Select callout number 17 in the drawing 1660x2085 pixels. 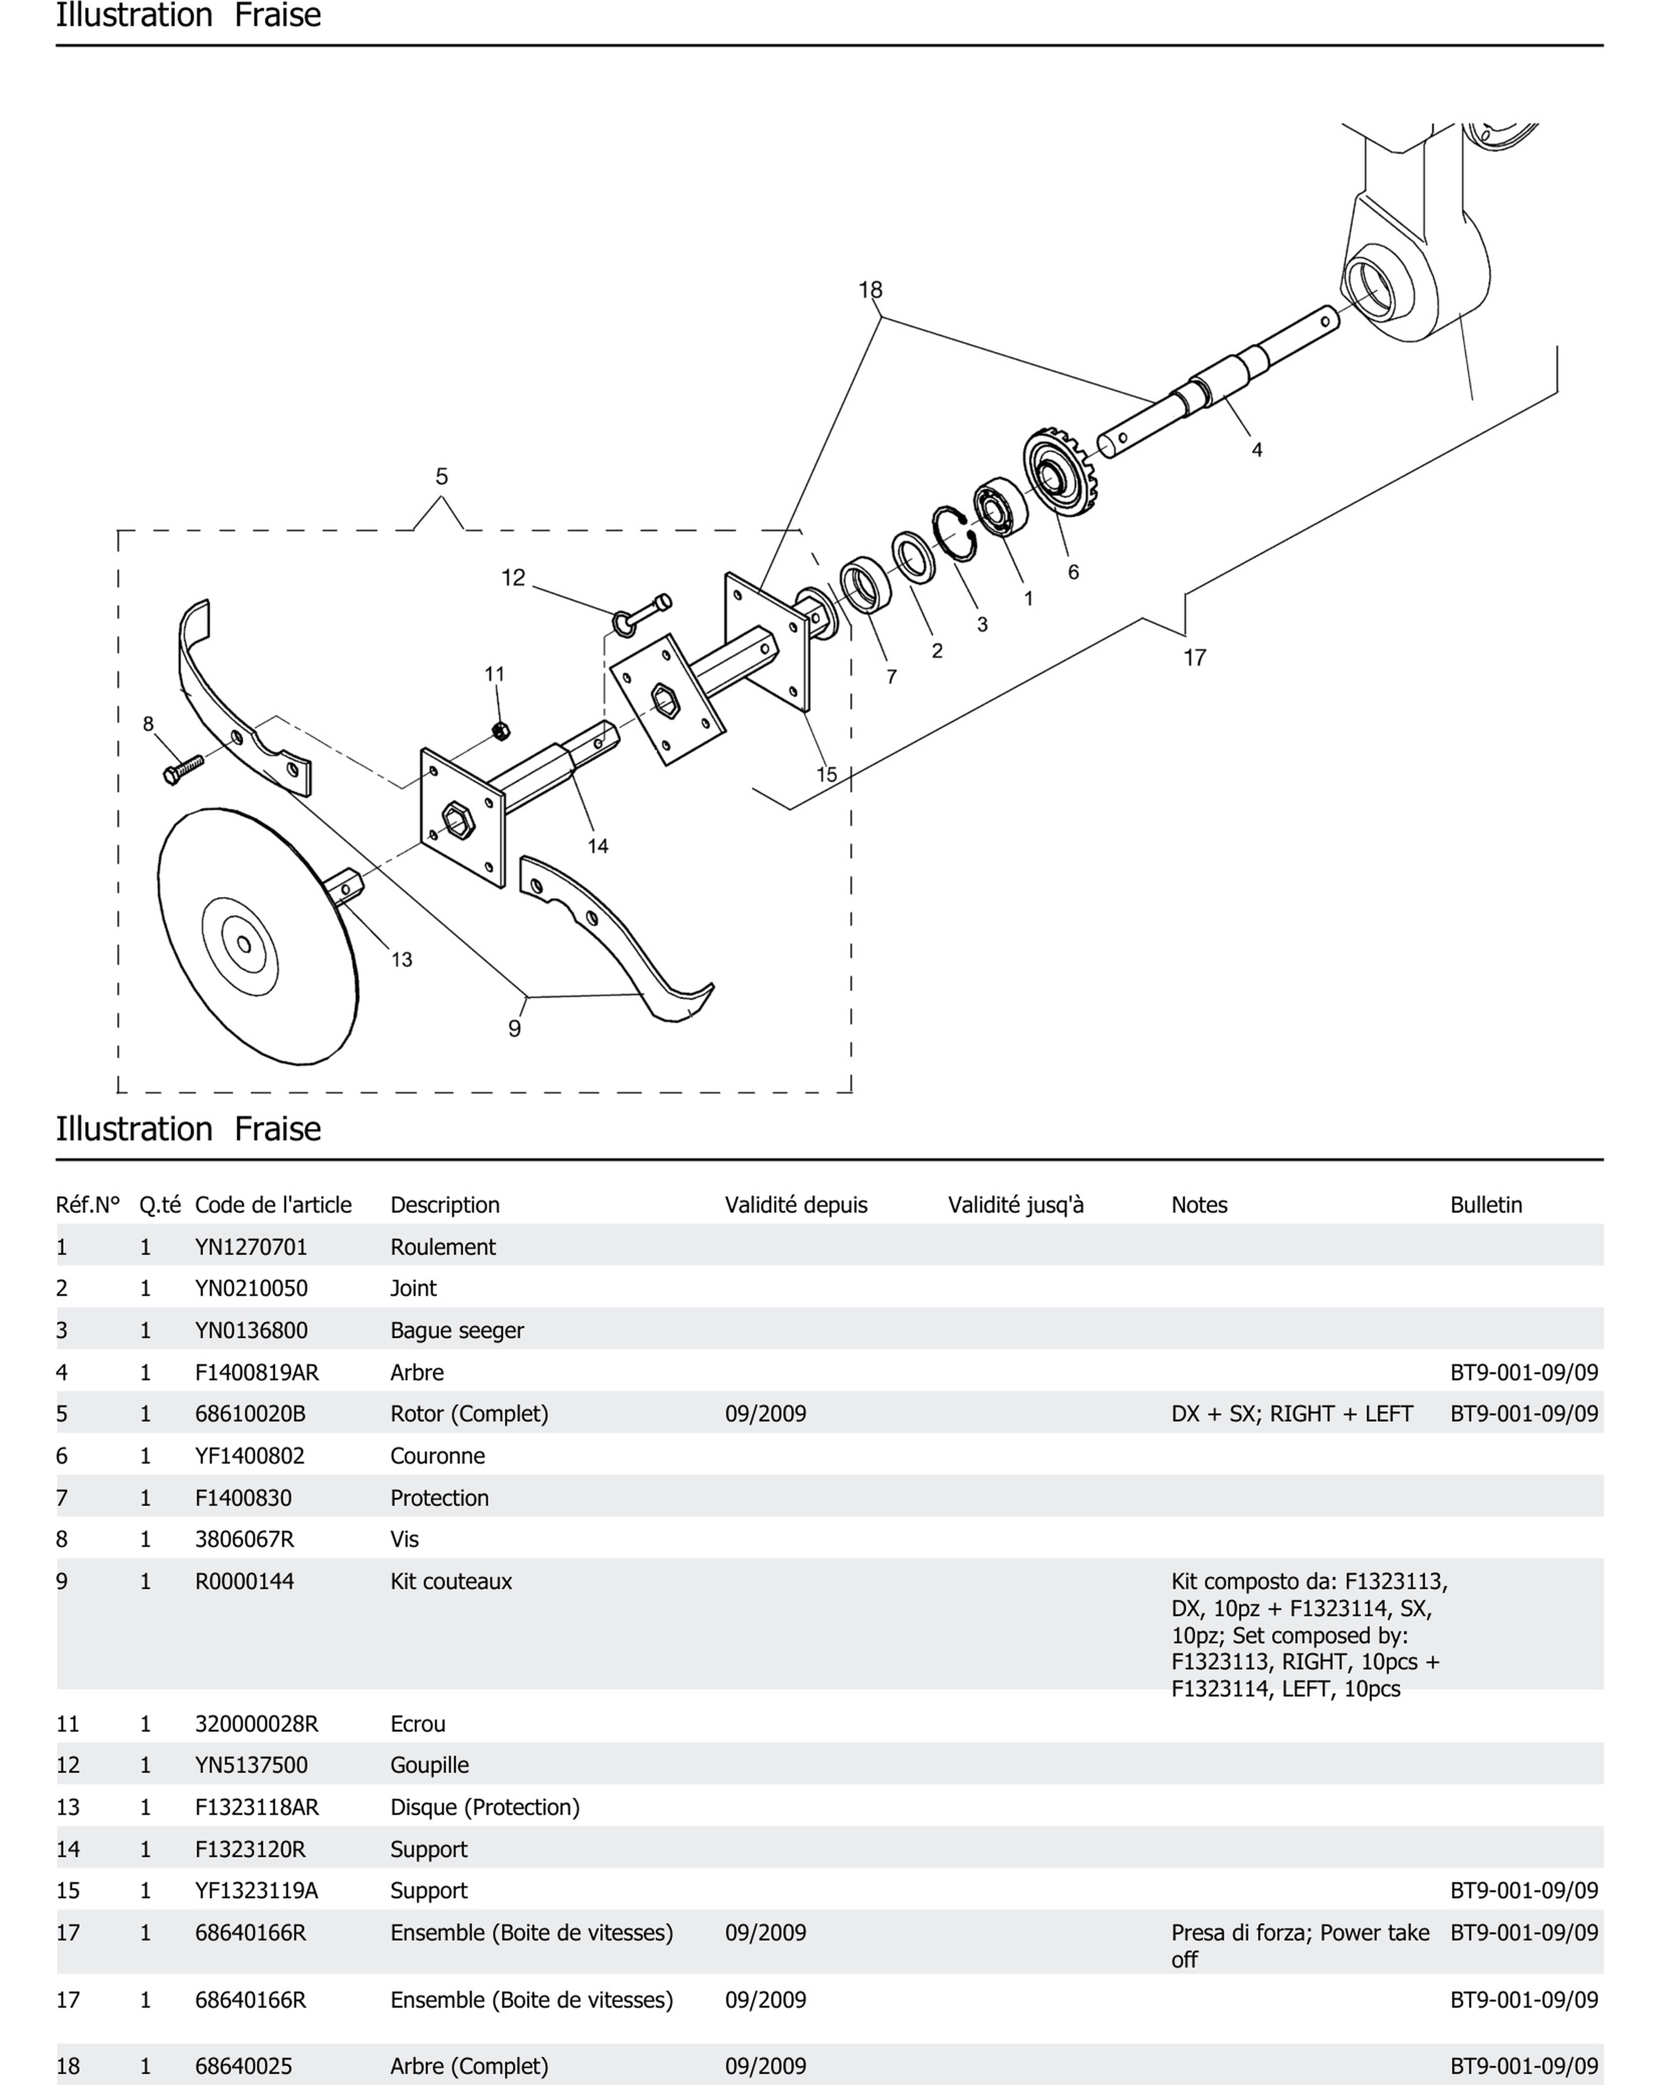coord(1195,658)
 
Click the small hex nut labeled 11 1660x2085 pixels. coord(500,730)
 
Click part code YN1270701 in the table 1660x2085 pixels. coord(251,1247)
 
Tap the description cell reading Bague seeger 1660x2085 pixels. coord(456,1330)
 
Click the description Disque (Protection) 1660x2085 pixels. coord(484,1806)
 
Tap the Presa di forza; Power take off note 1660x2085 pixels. coord(1299,1945)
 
